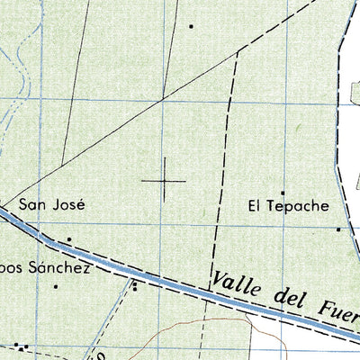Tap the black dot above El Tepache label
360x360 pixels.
click(282, 192)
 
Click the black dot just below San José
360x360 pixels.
click(68, 239)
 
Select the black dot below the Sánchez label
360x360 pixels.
click(55, 287)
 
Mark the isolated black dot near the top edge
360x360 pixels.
click(192, 26)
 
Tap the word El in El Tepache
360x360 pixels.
click(255, 205)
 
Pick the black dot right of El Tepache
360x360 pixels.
click(338, 229)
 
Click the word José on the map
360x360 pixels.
click(70, 204)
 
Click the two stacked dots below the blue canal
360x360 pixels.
click(135, 287)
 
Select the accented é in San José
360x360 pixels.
click(80, 204)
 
